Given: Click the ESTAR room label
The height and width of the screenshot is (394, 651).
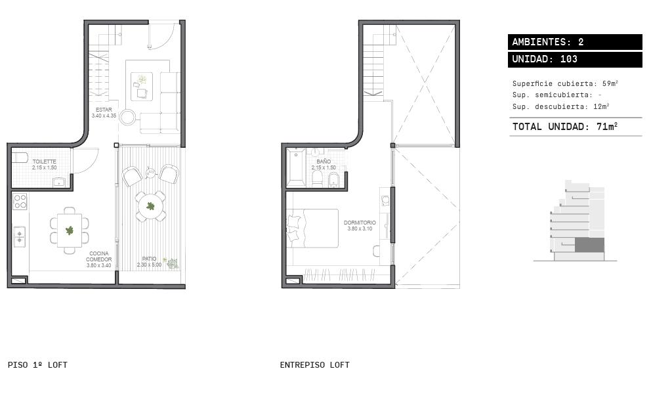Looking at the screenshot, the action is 104,113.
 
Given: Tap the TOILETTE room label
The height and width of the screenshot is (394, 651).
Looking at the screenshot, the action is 45,165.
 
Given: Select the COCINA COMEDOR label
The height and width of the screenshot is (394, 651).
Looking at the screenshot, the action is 99,259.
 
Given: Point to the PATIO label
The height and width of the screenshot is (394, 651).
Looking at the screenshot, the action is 149,261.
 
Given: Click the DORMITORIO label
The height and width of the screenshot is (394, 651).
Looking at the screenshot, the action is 360,226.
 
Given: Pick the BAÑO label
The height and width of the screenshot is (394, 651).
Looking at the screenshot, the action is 324,165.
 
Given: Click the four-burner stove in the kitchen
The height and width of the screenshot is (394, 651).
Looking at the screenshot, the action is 20,202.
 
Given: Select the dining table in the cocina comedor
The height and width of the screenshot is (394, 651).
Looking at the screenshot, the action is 70,230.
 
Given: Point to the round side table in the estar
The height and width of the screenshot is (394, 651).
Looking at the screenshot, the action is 128,117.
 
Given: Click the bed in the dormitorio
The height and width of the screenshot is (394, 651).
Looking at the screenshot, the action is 312,228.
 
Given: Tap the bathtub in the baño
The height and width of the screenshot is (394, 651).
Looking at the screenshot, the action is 296,168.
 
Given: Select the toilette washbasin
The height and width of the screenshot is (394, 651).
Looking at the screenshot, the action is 59,182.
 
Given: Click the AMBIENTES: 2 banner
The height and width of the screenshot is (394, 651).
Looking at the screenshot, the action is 575,42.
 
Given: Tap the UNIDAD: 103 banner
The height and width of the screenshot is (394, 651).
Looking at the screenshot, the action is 575,59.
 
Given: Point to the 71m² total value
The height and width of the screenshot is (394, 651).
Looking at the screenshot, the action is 607,126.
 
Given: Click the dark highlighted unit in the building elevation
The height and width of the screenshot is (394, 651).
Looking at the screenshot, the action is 589,245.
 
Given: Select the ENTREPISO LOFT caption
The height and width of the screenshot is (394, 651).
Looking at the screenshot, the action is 315,365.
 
